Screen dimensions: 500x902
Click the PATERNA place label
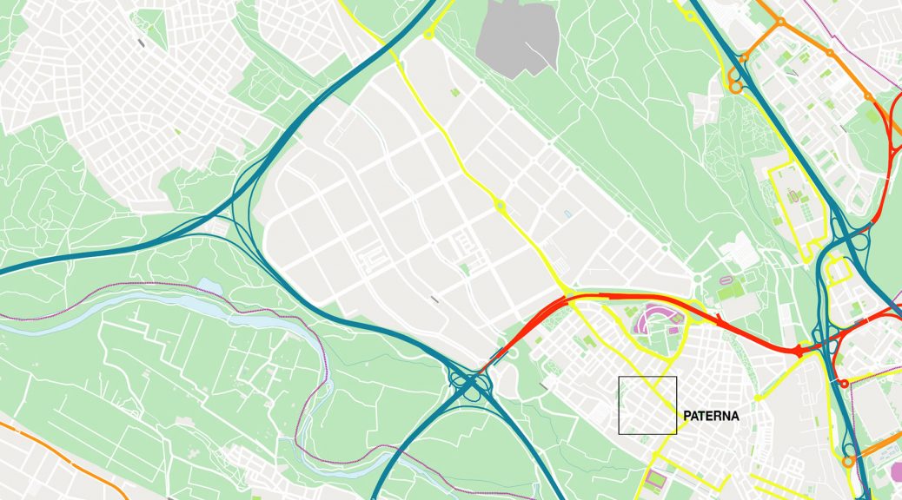point(711,417)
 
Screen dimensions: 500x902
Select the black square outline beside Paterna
point(647,405)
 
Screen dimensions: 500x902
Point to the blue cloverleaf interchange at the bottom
point(469,382)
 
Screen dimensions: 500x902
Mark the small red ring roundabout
point(843,383)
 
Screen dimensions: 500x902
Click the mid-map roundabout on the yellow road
point(500,206)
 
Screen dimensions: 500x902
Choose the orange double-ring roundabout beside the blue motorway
point(735,82)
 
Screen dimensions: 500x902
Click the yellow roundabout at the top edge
point(428,34)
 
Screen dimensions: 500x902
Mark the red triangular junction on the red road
point(797,351)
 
